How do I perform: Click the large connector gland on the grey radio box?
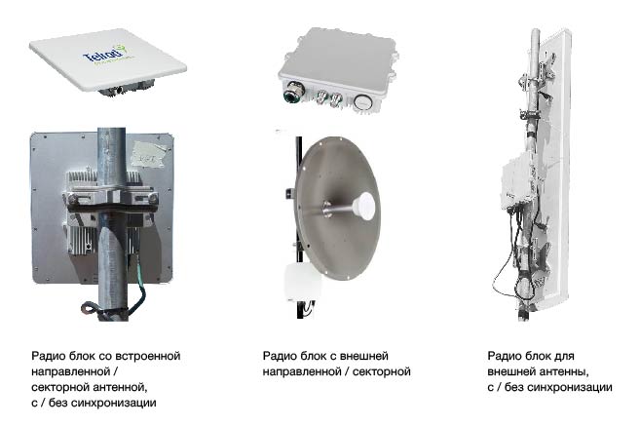tap(289, 97)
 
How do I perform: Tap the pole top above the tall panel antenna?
tap(534, 39)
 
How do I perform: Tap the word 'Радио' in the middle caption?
tap(279, 356)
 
